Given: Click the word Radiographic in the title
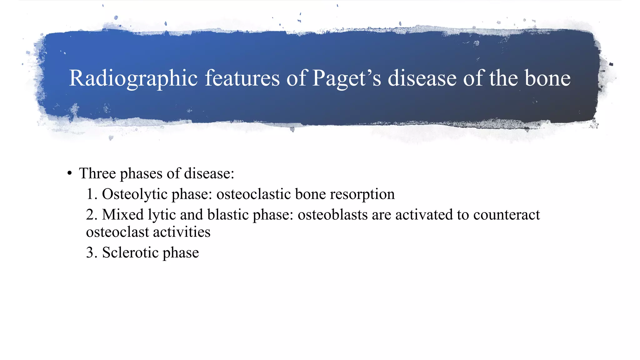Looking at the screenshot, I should pos(133,78).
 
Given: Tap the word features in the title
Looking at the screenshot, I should pos(242,78).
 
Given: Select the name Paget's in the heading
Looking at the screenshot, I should pos(347,78).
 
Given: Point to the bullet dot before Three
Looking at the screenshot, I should pos(70,173).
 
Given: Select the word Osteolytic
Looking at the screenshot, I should pos(135,194).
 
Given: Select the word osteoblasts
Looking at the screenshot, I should pos(332,215).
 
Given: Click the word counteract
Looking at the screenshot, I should pos(507,215).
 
